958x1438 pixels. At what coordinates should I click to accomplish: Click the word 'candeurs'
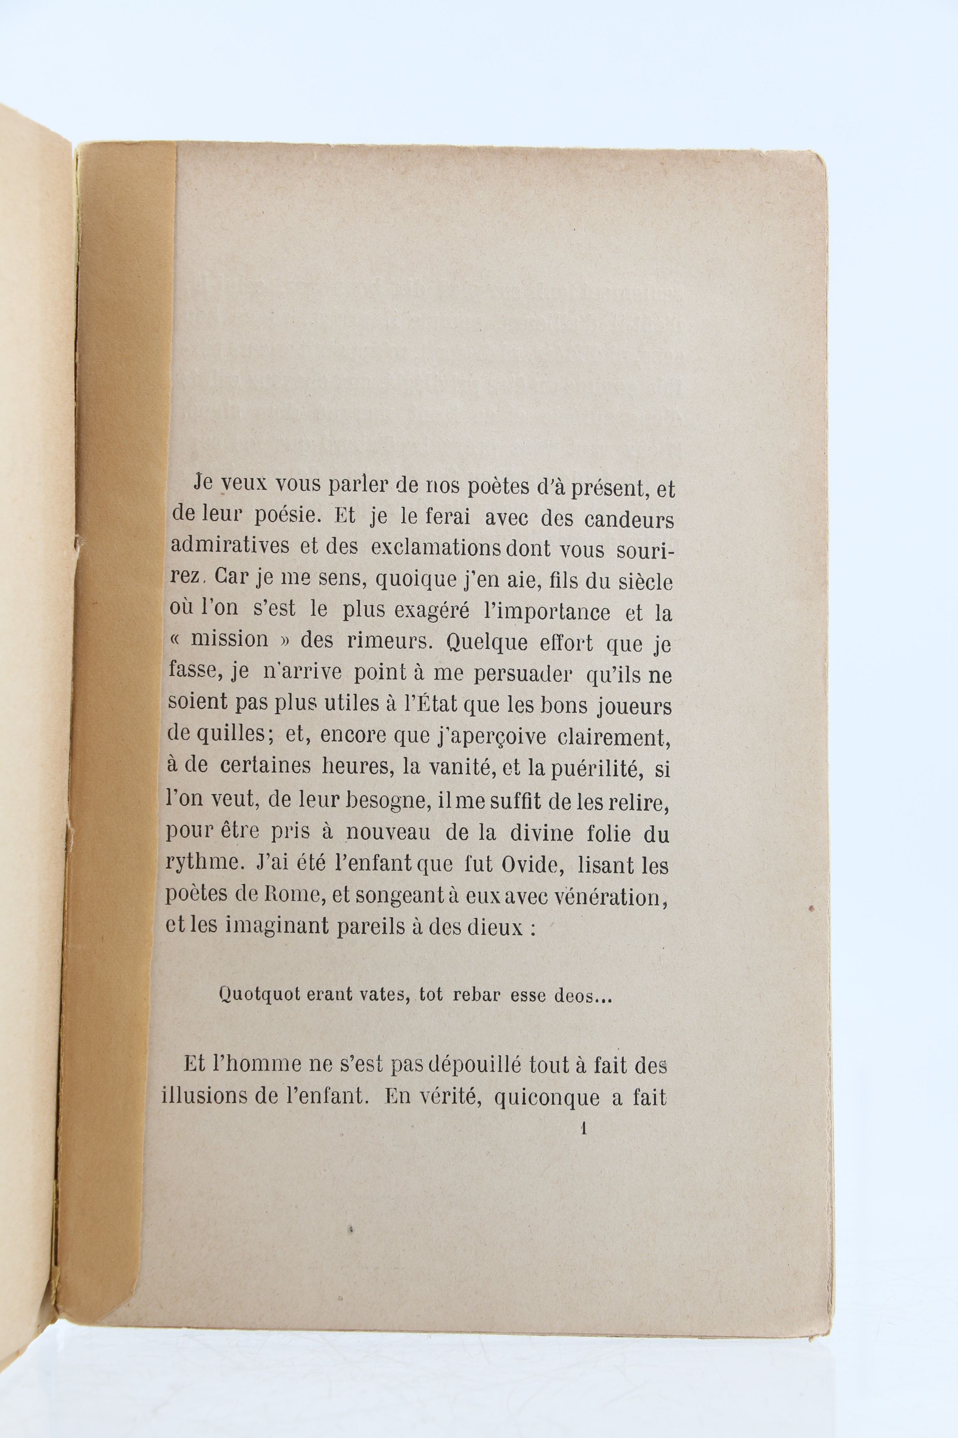(629, 520)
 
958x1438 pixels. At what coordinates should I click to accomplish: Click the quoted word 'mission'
(230, 640)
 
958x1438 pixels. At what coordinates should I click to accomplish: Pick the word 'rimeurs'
(391, 641)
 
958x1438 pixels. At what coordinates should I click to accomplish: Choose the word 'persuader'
(523, 674)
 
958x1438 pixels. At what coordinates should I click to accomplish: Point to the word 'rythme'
(203, 863)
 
